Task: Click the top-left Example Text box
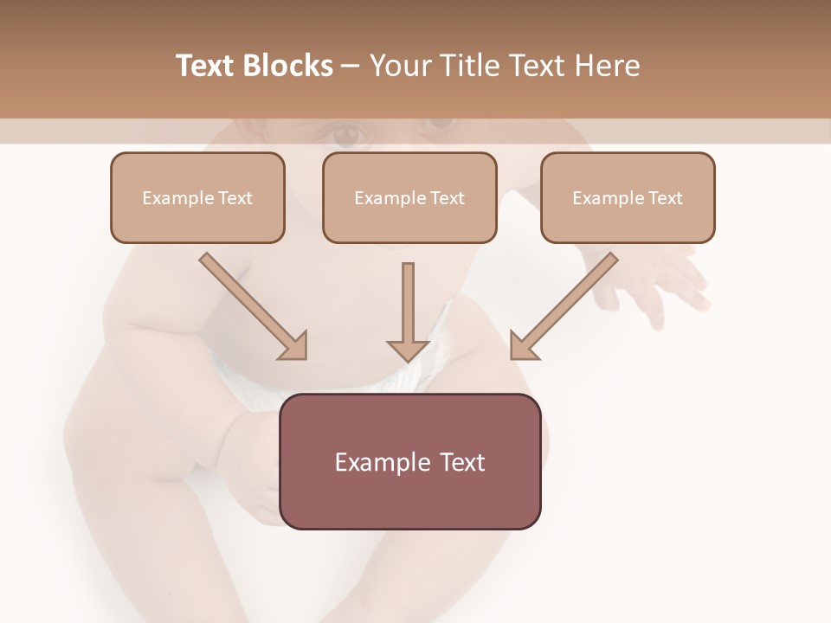pos(197,198)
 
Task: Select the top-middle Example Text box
pos(409,198)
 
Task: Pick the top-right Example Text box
pos(628,198)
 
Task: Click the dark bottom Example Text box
pos(410,461)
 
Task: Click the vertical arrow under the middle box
pos(408,303)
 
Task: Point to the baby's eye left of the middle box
pos(346,134)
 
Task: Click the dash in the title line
pos(351,67)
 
